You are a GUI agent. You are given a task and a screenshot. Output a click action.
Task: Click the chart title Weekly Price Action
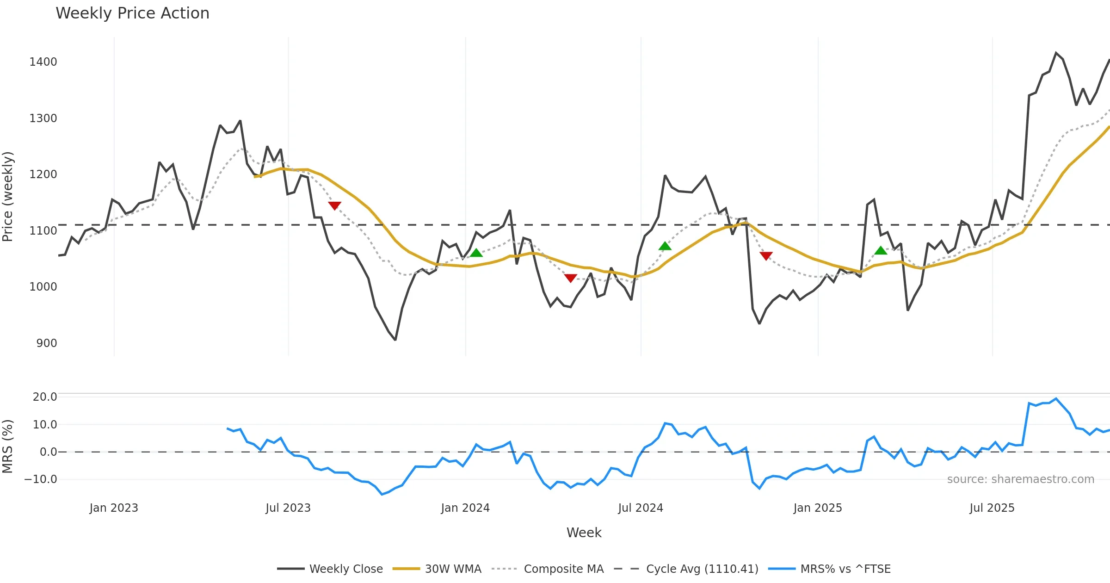[132, 13]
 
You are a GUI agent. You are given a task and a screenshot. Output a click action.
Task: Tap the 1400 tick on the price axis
[43, 62]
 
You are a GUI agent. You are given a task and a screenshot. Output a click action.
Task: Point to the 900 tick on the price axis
[47, 343]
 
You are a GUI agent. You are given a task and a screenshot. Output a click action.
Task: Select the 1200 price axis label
[43, 174]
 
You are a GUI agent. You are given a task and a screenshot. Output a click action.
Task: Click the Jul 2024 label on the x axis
[641, 508]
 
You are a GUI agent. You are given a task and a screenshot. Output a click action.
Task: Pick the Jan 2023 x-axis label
[114, 508]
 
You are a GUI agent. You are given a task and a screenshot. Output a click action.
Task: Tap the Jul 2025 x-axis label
[992, 508]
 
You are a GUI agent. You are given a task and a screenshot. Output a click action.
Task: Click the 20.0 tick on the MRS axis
[45, 397]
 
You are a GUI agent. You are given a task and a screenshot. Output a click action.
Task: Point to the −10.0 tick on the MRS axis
[41, 479]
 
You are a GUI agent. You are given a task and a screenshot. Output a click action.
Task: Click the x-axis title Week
[584, 533]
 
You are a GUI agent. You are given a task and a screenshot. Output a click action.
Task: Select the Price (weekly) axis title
[8, 197]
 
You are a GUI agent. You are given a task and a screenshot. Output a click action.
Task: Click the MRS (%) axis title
[8, 447]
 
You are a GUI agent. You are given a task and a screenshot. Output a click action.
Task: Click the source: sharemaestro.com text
[1020, 479]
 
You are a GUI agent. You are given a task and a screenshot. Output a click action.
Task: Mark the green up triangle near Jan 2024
[476, 252]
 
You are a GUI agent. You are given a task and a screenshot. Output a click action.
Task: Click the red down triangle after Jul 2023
[334, 205]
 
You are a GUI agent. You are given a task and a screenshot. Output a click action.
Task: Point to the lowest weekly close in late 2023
[395, 340]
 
